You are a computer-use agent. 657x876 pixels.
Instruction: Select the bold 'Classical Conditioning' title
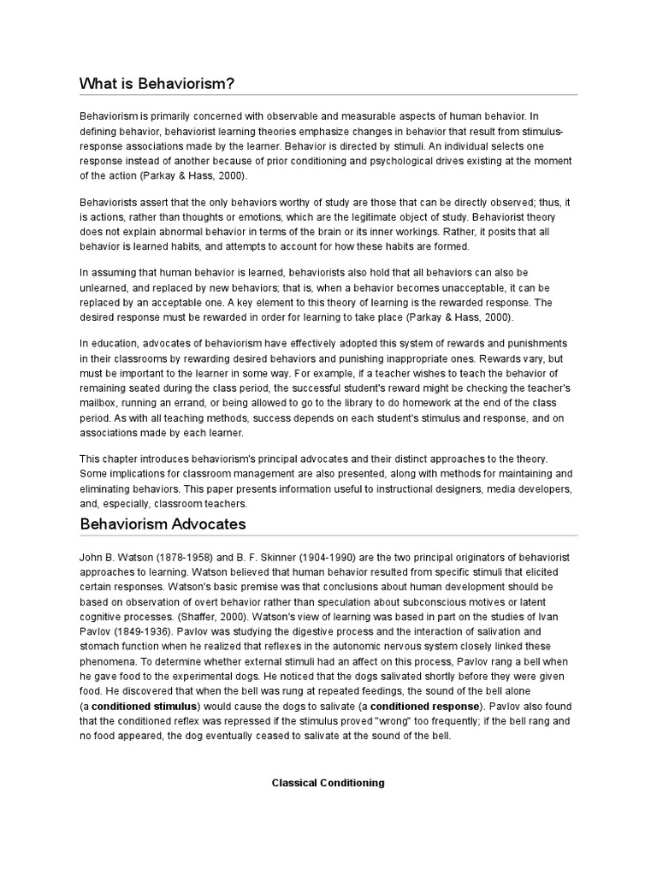click(328, 783)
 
